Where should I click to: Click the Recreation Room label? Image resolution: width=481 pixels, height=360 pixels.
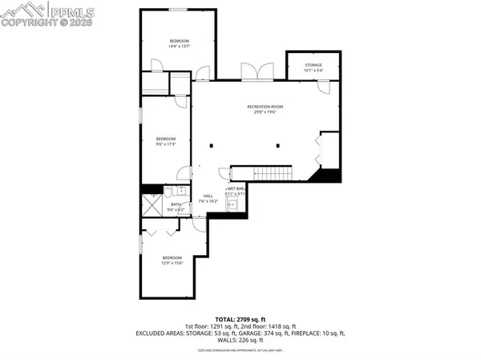coord(265,109)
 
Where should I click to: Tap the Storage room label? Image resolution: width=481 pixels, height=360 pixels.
coord(313,67)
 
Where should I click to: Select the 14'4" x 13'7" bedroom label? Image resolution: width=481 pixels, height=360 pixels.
coord(178,43)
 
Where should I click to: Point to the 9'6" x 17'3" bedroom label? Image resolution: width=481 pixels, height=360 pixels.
coord(165,141)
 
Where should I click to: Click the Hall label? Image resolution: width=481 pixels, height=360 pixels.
coord(208,198)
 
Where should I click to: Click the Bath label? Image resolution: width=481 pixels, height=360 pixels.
coord(176,206)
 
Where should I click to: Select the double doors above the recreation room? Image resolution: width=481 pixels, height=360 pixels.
coord(256,73)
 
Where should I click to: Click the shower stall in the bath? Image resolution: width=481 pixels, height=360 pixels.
coord(152,200)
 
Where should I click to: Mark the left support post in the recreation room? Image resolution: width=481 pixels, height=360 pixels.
coord(212,145)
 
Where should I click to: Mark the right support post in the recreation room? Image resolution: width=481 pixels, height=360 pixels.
coord(277,145)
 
